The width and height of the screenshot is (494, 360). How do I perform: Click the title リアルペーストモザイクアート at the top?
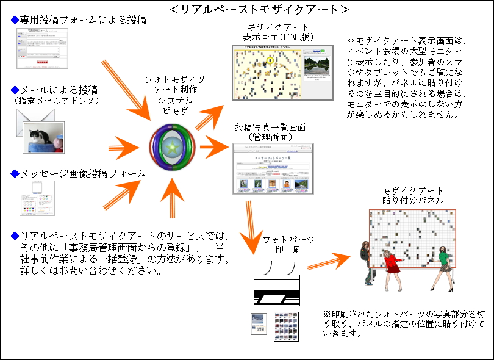coord(259,10)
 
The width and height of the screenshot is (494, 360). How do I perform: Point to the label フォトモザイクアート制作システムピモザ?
coord(176,96)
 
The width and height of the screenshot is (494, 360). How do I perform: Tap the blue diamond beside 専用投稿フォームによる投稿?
coord(15,20)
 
